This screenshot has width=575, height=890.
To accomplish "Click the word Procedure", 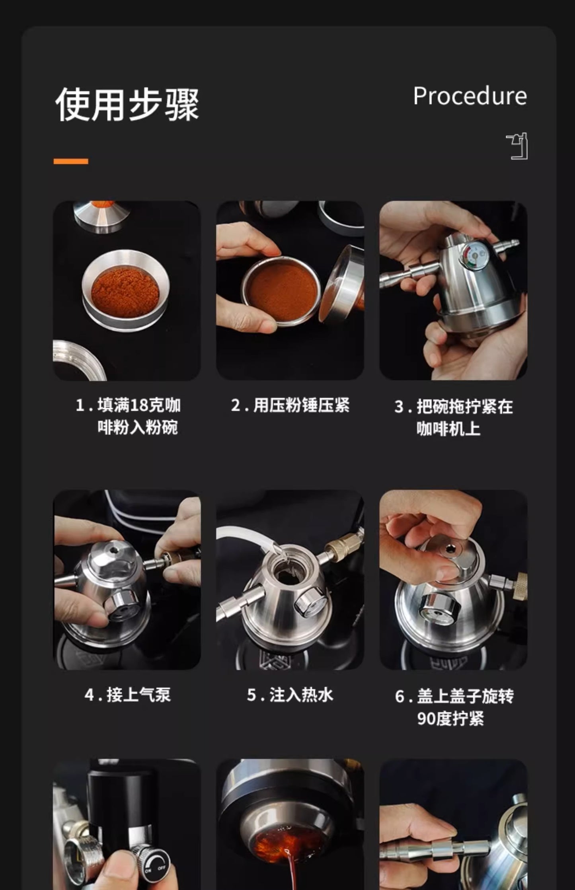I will [x=470, y=97].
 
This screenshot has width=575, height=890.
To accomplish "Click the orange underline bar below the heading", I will [x=71, y=161].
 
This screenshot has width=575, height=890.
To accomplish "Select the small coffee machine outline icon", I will [x=517, y=146].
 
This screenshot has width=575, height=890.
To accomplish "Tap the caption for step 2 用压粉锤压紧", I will [x=290, y=405].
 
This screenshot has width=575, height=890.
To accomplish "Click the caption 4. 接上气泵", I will [x=127, y=695].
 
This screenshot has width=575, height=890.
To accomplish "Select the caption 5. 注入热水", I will [x=290, y=695].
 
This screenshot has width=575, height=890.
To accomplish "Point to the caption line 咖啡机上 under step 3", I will [x=448, y=429].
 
